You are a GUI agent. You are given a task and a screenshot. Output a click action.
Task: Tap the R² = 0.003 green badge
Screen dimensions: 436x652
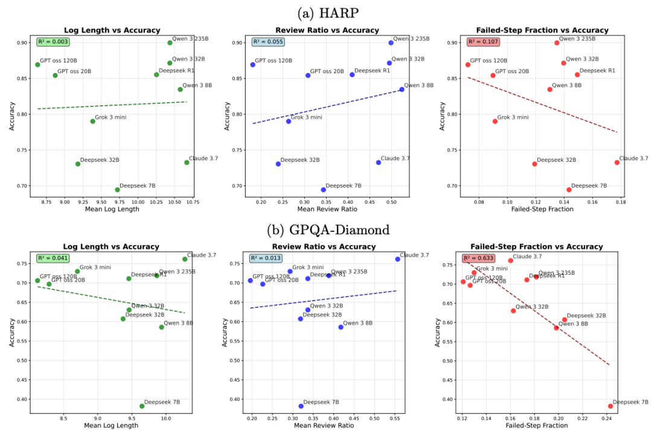pos(53,42)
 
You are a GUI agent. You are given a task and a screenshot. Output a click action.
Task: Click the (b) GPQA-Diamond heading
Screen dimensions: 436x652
pos(326,229)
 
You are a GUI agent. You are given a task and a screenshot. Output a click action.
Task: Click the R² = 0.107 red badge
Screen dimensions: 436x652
pos(481,42)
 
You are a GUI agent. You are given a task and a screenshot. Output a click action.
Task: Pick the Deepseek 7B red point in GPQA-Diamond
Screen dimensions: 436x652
pos(610,406)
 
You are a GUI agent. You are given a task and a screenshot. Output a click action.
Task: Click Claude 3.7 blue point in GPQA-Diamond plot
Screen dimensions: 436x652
pos(397,259)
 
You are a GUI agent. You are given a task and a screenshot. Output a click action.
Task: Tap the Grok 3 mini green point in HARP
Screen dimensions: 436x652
pos(92,121)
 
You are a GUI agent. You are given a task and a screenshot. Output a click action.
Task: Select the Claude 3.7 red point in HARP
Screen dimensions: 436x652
pos(617,162)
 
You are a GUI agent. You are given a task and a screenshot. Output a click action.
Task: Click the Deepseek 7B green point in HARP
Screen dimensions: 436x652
pos(117,190)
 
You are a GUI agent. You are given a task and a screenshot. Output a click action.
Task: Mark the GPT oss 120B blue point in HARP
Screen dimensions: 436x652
pos(252,65)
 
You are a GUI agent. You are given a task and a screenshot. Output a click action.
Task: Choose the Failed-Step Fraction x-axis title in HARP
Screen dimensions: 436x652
pos(542,209)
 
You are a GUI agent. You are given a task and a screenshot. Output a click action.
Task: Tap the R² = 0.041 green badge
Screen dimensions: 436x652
pos(53,258)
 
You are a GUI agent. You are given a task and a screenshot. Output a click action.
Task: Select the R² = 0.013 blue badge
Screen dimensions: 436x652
pos(266,258)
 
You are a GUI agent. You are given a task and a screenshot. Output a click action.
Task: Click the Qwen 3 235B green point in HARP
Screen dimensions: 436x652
pos(170,42)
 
